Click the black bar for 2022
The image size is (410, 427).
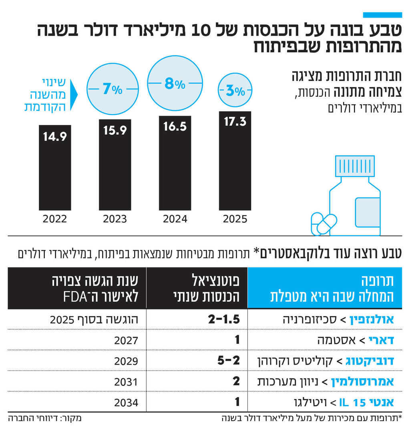point(55,168)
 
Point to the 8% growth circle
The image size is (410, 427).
point(175,84)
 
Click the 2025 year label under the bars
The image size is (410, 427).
point(235,219)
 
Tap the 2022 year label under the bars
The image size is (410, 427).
point(55,219)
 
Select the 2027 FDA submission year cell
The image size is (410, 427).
point(126,340)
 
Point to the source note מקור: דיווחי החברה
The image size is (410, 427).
point(45,419)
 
